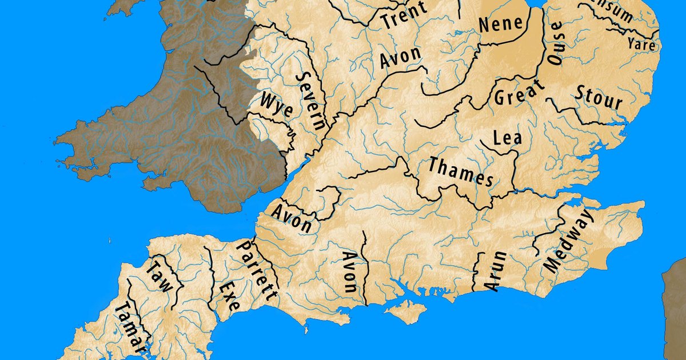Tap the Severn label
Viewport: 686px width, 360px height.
coord(312,102)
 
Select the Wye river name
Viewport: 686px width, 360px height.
coord(277,105)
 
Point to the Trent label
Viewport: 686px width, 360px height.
coord(404,15)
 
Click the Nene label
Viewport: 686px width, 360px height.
coord(501,23)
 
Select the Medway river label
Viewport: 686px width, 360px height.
coord(569,241)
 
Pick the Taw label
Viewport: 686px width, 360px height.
coord(158,276)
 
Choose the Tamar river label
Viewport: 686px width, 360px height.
coord(131,328)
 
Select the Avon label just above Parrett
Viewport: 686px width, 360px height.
coord(292,218)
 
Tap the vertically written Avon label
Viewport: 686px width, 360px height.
coord(349,272)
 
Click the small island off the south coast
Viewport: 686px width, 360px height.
coord(405,310)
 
